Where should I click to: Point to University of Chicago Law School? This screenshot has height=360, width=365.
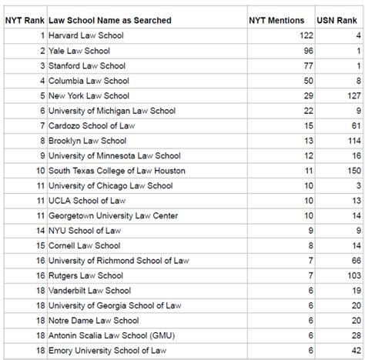(110, 185)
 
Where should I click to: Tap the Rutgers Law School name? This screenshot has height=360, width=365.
(85, 275)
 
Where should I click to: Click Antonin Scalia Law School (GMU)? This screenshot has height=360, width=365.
(115, 335)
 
